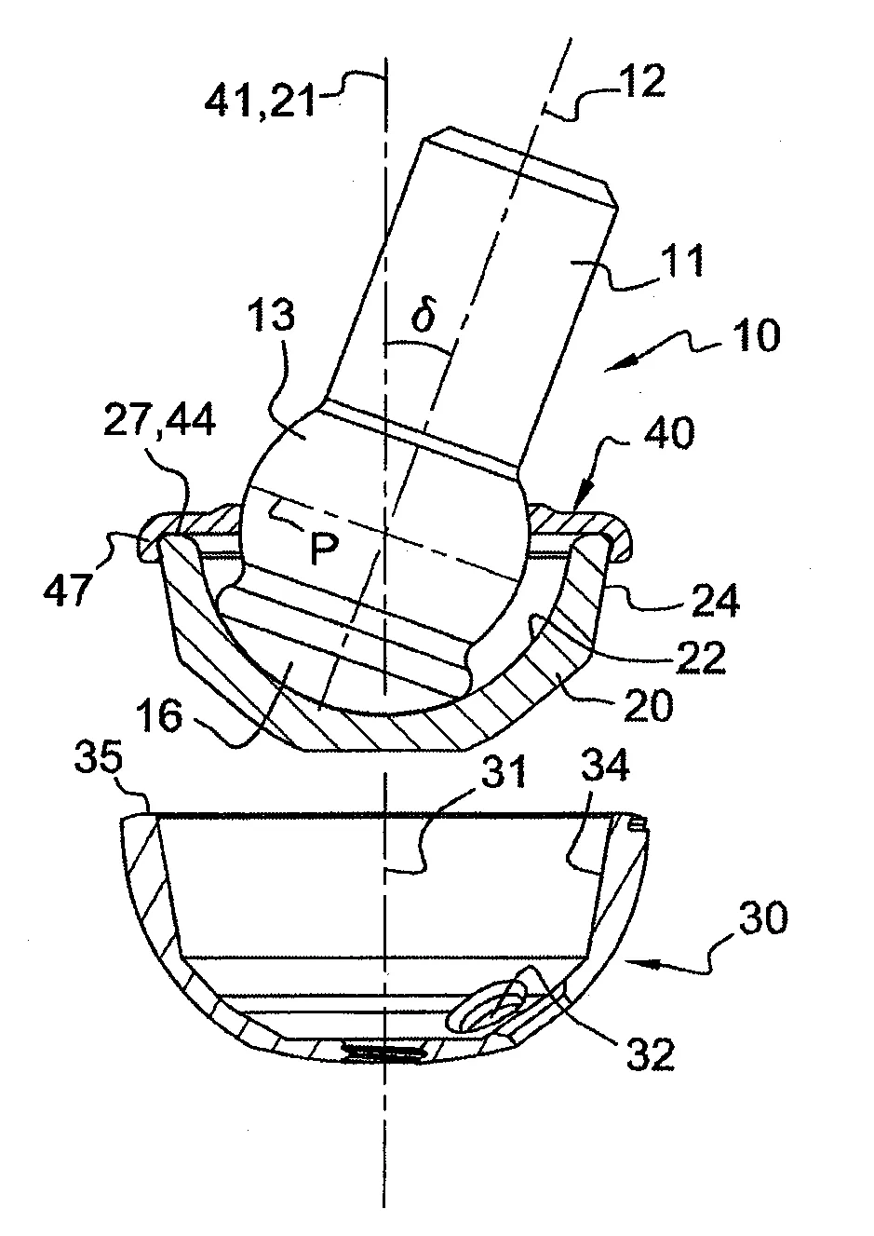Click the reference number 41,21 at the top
260,100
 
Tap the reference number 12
639,82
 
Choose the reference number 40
667,432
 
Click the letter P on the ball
324,549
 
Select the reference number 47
66,589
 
